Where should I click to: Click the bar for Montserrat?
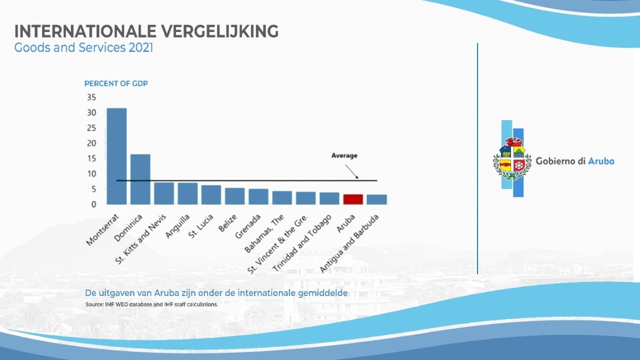(116, 156)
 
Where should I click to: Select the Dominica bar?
(140, 179)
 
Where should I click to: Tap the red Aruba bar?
(353, 199)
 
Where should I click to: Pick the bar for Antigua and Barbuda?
(376, 199)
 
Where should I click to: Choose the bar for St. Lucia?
(211, 194)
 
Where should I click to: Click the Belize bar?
(234, 196)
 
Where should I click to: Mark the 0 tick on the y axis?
(93, 204)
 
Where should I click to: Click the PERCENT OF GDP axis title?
(116, 83)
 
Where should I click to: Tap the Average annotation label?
(344, 155)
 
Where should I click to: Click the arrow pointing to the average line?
(352, 171)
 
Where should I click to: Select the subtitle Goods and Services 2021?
(83, 48)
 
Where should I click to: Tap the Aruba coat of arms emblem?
(512, 158)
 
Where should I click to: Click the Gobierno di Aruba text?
(574, 161)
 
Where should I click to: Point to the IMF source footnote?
(151, 304)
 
